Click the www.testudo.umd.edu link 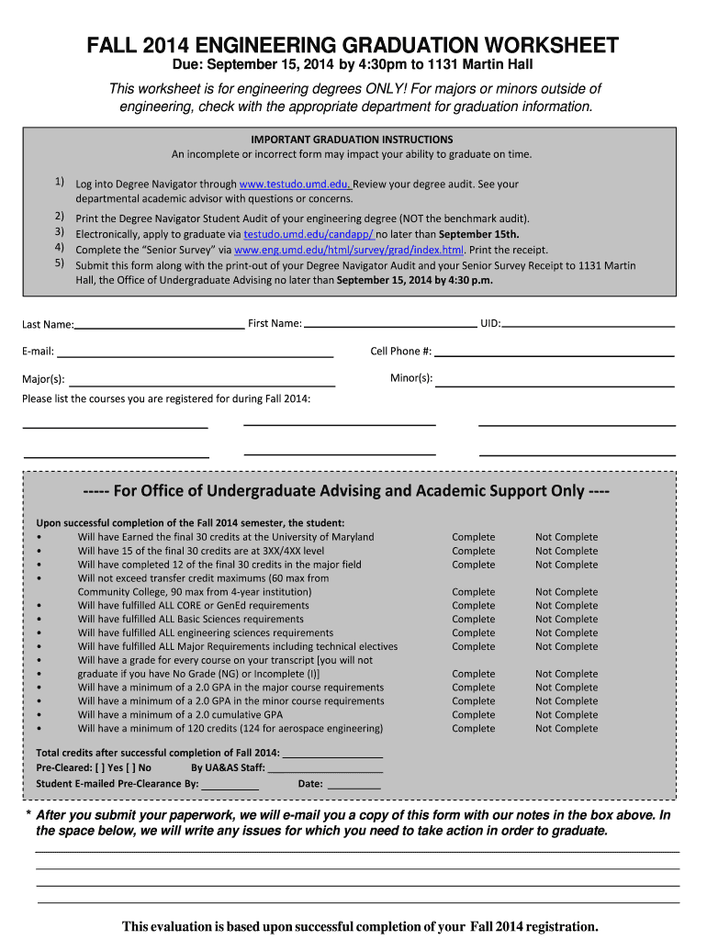(x=295, y=184)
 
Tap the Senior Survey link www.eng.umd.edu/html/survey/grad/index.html (x=349, y=250)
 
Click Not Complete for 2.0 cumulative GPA (x=567, y=715)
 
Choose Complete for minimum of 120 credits (x=473, y=729)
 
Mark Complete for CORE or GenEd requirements (x=473, y=606)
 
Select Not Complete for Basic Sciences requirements (x=567, y=620)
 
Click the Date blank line (x=353, y=785)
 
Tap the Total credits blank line (x=332, y=754)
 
